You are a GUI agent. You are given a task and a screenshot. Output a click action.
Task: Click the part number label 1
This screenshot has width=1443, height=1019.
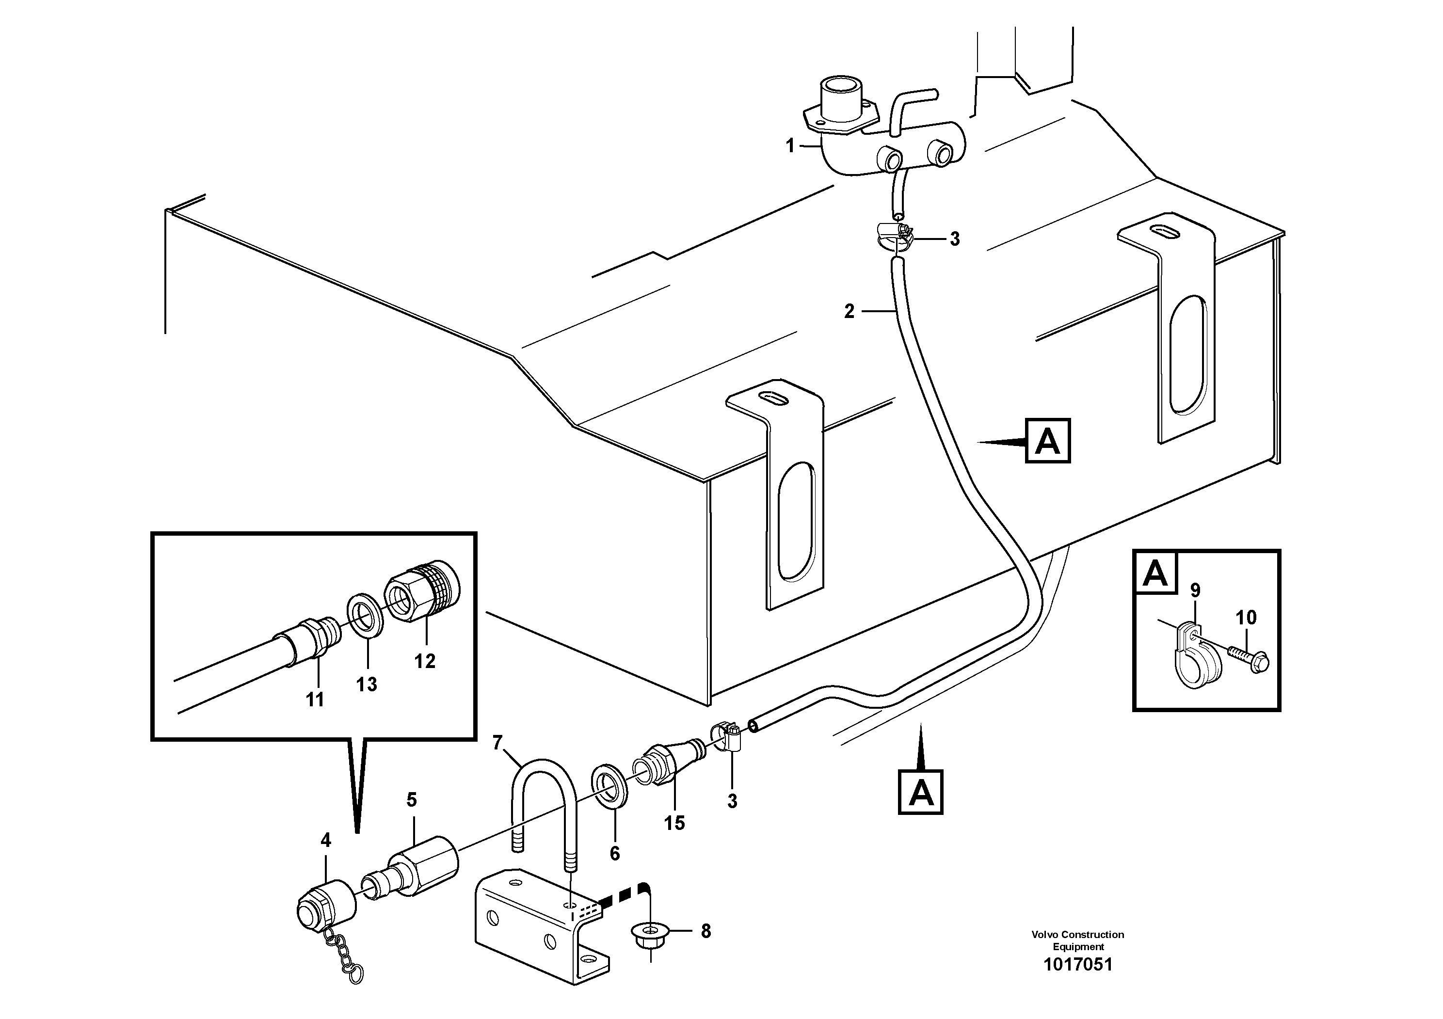point(790,146)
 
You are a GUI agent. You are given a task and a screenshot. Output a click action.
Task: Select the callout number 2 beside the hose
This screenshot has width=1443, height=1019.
point(849,311)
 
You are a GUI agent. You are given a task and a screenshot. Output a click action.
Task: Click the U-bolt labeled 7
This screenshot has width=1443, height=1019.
point(544,798)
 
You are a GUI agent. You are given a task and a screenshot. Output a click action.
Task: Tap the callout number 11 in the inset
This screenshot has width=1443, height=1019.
point(314,699)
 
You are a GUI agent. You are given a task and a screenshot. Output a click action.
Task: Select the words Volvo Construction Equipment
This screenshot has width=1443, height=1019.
point(1078,940)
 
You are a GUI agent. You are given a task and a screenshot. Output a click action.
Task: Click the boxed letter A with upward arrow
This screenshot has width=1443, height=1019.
point(921,792)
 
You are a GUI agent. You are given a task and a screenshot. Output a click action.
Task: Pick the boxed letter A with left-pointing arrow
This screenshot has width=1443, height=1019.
point(1047,441)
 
